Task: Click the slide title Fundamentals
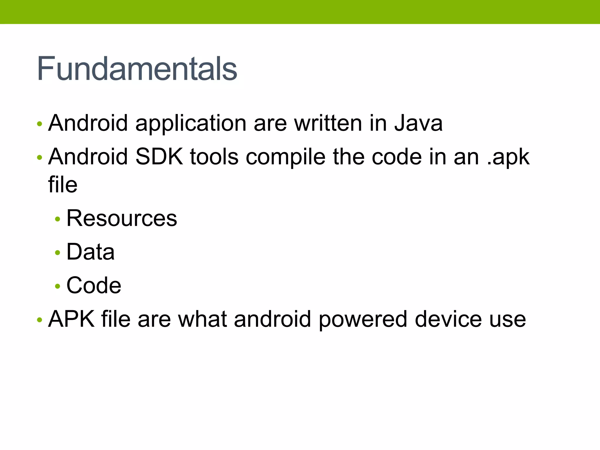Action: click(137, 69)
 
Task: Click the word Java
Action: click(418, 123)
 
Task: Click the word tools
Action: click(214, 157)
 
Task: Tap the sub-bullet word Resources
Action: click(122, 218)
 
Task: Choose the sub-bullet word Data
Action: click(90, 252)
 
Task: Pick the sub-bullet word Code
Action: click(94, 285)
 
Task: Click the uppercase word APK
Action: click(71, 319)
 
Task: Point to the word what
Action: click(202, 319)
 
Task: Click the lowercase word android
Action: click(272, 319)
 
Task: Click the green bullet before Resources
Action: click(57, 219)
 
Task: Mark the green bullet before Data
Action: click(57, 252)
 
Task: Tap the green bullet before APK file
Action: click(40, 320)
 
